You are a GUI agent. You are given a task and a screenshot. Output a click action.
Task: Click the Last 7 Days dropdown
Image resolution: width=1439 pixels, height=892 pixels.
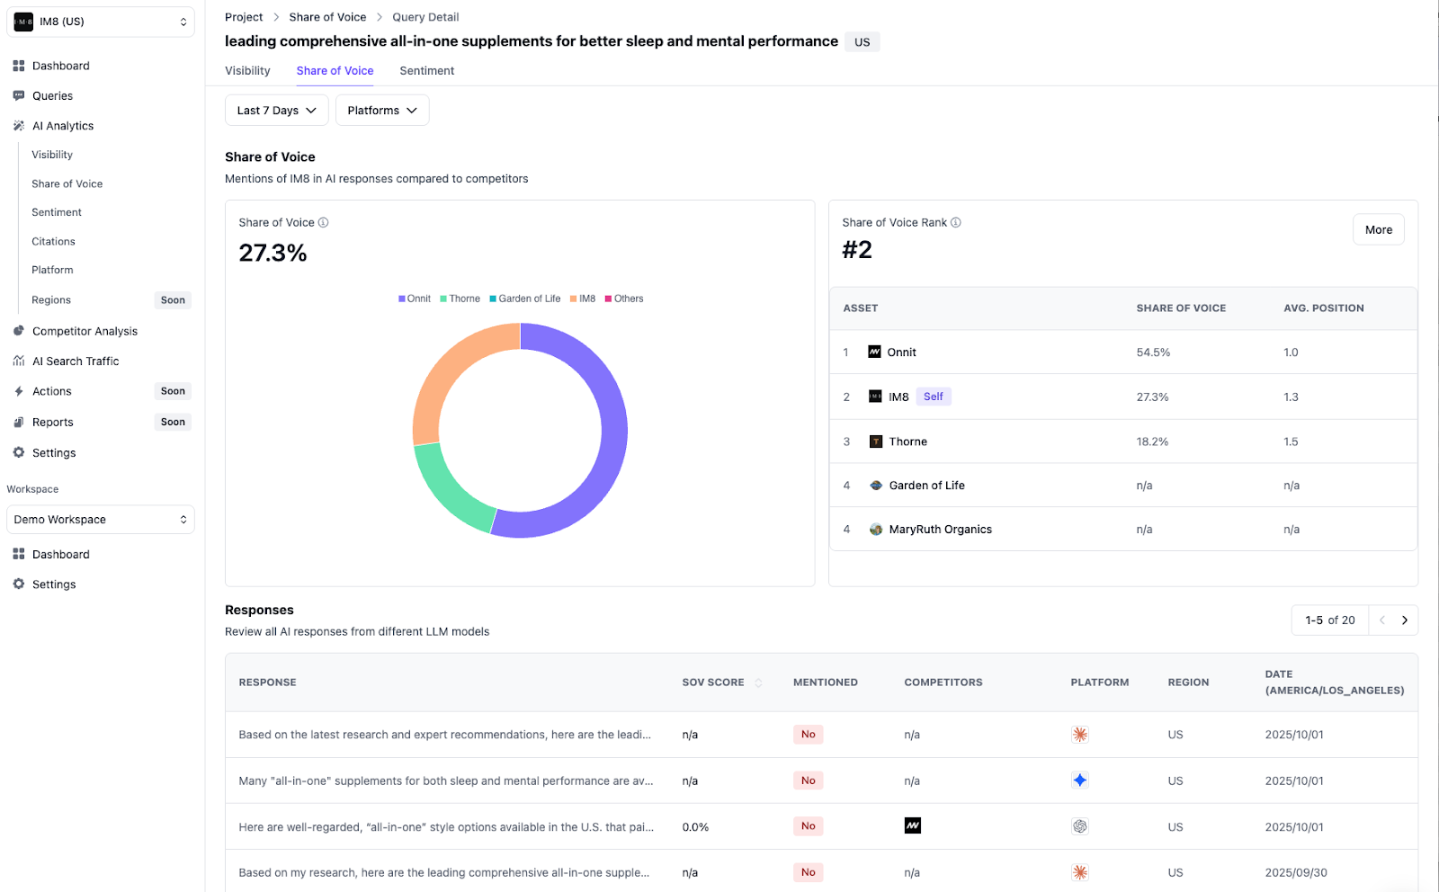click(x=276, y=111)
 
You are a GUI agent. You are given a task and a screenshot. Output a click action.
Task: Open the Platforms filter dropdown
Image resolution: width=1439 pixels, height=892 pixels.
click(x=381, y=111)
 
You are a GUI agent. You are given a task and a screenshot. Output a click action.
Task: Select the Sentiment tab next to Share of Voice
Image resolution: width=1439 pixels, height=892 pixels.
click(x=426, y=71)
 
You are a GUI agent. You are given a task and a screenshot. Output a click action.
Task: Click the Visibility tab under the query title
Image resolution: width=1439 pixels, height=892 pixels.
click(x=247, y=71)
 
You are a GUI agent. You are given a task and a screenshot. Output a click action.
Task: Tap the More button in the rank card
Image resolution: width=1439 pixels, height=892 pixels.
click(x=1378, y=230)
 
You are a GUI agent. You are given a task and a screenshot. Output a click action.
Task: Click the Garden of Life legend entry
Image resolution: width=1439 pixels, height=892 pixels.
click(x=529, y=299)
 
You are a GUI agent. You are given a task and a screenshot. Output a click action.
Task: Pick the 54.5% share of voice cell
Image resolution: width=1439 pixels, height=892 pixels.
click(x=1153, y=352)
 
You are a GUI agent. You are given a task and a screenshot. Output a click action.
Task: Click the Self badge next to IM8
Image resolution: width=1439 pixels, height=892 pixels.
click(x=933, y=397)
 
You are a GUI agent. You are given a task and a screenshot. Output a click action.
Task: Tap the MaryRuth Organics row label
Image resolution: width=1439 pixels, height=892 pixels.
click(x=940, y=530)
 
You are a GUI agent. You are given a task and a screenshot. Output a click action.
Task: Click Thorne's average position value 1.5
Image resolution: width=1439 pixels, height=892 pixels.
click(x=1291, y=442)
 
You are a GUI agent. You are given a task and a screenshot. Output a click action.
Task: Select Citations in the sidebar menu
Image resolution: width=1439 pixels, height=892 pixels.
click(x=53, y=242)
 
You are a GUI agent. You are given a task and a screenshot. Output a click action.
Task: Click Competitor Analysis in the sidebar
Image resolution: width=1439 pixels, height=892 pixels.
click(x=85, y=332)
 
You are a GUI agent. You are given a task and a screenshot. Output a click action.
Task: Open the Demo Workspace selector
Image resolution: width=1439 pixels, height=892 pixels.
click(x=100, y=520)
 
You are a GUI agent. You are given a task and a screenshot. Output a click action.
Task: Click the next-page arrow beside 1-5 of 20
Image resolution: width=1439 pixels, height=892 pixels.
click(x=1404, y=620)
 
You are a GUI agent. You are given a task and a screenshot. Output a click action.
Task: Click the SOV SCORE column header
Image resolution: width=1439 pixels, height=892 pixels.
click(x=713, y=682)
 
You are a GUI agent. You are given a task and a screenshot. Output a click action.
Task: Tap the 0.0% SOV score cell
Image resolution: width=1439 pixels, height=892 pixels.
click(x=695, y=827)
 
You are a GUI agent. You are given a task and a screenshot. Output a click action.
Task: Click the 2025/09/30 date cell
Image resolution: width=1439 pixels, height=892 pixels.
click(x=1295, y=873)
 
